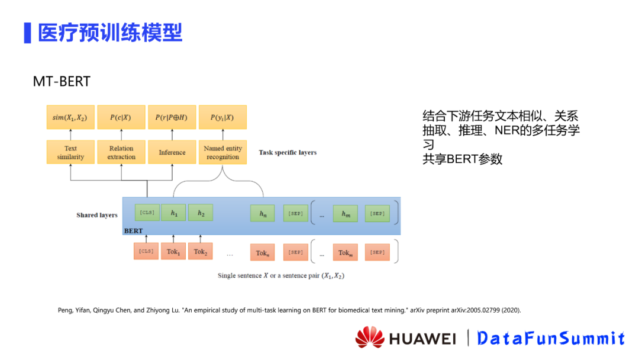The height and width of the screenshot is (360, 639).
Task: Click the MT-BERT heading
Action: point(62,81)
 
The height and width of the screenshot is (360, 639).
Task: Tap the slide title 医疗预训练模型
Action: point(110,33)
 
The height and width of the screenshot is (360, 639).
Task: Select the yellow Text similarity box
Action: point(70,152)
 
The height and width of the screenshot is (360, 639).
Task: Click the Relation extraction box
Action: point(121,152)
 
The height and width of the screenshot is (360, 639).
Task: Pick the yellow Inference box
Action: point(172,152)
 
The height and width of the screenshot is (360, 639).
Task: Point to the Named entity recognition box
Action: point(222,152)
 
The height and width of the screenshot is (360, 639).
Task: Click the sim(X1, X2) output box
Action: point(70,117)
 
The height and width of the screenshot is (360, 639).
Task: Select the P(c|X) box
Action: point(121,117)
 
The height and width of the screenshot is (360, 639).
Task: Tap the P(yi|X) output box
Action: point(222,117)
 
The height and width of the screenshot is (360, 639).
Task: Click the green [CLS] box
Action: point(146,213)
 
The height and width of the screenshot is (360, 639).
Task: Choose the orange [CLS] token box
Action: point(146,252)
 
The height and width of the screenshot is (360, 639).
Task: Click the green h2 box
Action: point(201,213)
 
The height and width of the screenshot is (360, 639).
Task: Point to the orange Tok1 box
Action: point(173,252)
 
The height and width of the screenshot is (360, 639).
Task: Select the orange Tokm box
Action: point(345,253)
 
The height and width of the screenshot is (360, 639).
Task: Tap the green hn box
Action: point(262,214)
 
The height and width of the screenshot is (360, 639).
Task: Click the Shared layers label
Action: point(96,215)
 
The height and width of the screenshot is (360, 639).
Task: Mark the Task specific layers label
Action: point(288,152)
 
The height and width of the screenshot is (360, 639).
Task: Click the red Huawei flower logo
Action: point(370,337)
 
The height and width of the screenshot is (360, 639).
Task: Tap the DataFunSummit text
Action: point(551,338)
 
